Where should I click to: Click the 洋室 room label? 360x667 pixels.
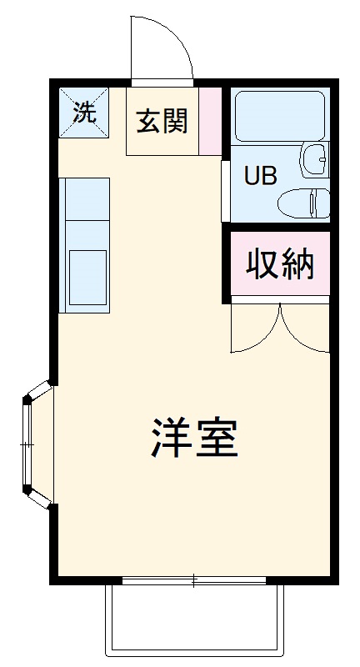[x=195, y=437]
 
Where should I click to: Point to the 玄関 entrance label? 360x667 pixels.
[x=162, y=122]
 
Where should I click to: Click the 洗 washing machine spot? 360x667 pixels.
[x=83, y=112]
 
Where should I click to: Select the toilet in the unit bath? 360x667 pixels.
[x=305, y=203]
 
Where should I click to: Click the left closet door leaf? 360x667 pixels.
[x=255, y=329]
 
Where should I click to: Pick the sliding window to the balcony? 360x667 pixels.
[x=194, y=580]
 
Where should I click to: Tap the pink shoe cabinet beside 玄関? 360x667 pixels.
[x=211, y=120]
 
